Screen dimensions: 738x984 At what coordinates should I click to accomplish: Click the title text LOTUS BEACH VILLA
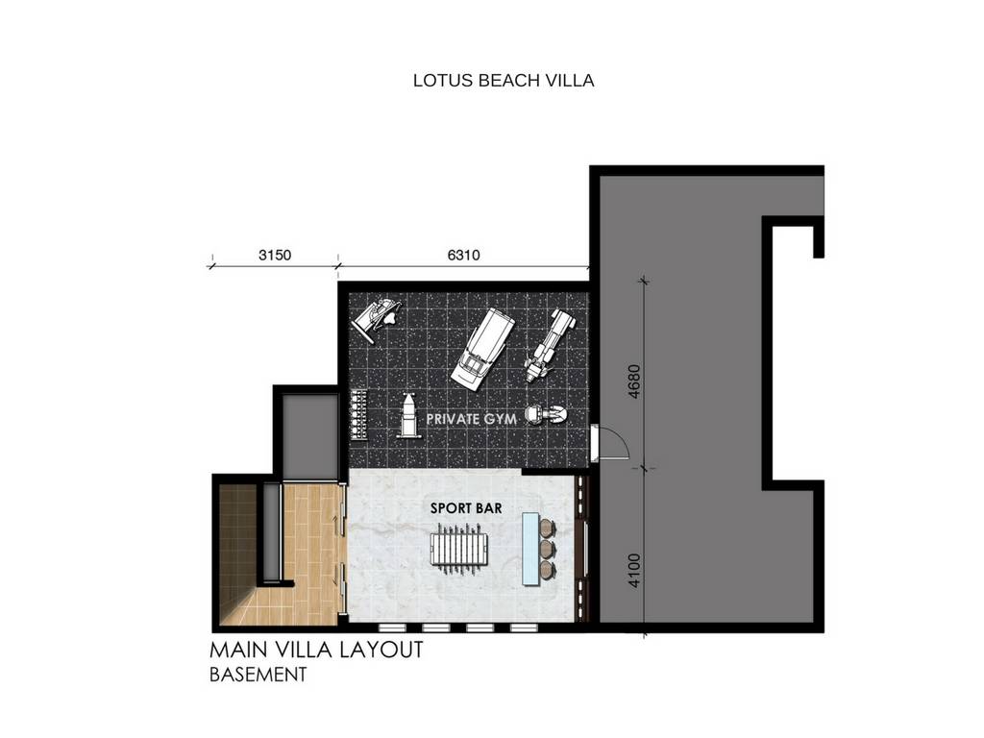(504, 81)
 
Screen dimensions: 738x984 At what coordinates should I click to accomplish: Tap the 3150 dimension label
(274, 256)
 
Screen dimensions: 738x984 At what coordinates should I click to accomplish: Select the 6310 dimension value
(463, 256)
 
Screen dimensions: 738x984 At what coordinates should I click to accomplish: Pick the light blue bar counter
(529, 549)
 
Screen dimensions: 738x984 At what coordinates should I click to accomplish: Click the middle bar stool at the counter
(548, 549)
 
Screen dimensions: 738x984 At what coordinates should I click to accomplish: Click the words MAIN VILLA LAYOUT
(316, 650)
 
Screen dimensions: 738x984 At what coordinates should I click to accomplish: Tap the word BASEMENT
(258, 675)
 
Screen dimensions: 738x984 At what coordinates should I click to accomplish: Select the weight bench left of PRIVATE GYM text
(409, 415)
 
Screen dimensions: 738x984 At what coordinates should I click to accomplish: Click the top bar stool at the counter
(548, 528)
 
